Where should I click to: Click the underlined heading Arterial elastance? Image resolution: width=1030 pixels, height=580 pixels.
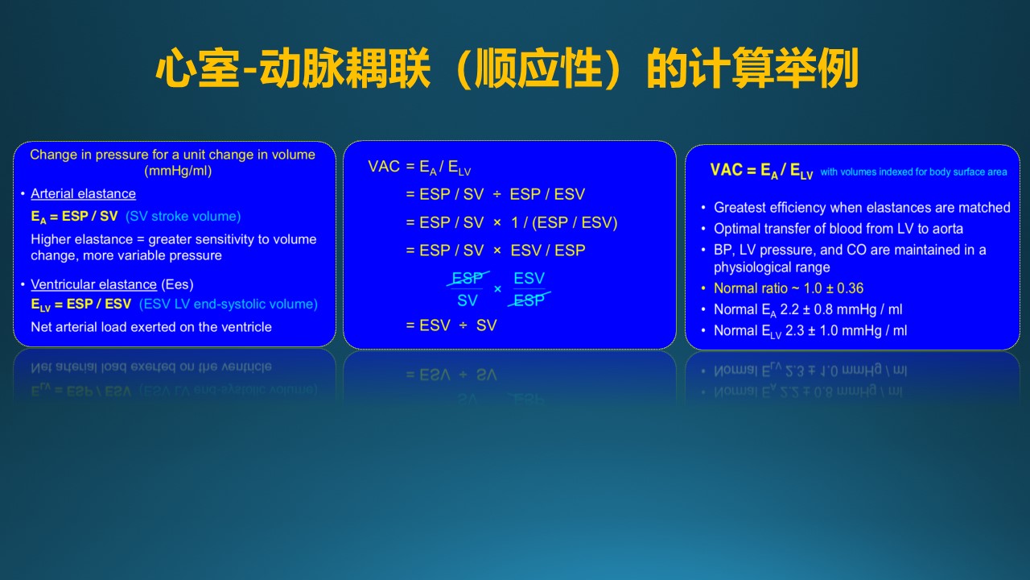tap(83, 194)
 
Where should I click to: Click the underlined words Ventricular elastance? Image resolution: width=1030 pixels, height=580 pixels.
tap(94, 284)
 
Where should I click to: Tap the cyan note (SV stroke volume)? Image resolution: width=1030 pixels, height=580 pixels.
tap(183, 217)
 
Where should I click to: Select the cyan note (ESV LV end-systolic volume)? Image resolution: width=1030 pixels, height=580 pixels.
tap(228, 304)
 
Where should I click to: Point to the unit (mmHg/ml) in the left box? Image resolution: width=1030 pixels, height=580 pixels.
tap(178, 172)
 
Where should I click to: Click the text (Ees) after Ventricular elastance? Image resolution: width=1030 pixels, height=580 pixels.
tap(177, 284)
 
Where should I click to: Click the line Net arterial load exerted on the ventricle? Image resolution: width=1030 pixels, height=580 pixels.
tap(150, 327)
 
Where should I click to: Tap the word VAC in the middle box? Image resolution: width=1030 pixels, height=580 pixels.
tap(384, 166)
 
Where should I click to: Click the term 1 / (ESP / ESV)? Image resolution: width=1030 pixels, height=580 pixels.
tap(564, 223)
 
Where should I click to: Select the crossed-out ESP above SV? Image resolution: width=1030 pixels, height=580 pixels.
tap(468, 278)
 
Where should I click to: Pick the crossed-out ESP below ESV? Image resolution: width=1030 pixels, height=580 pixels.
tap(529, 300)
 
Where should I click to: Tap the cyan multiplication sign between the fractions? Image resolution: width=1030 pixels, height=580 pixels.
tap(497, 289)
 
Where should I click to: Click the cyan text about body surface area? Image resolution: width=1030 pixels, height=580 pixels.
tap(913, 172)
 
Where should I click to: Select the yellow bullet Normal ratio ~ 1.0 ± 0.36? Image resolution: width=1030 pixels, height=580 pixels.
tap(788, 288)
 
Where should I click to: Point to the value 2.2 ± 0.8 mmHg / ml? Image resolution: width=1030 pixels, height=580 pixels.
tap(841, 309)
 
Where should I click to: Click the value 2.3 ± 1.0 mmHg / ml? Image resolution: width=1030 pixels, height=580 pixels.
tap(846, 330)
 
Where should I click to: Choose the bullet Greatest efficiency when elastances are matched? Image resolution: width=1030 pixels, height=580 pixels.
tap(862, 208)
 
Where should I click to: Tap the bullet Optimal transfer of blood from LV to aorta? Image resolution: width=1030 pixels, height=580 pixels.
tap(838, 229)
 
